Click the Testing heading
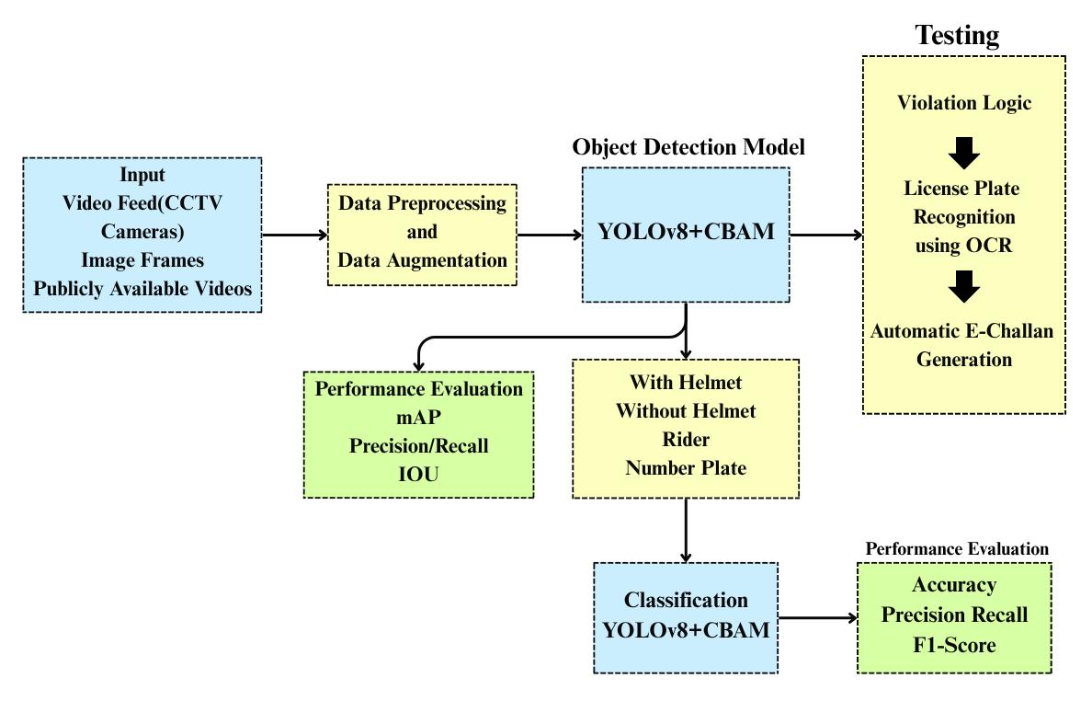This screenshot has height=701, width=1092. click(x=957, y=36)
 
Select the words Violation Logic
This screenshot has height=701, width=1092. click(x=963, y=103)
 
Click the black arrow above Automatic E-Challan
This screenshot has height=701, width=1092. click(x=964, y=287)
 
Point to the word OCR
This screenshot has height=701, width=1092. click(x=990, y=246)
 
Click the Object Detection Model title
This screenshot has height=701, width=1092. click(x=688, y=147)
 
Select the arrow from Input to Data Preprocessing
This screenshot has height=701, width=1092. click(x=295, y=235)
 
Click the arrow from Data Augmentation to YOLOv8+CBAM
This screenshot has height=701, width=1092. click(x=549, y=235)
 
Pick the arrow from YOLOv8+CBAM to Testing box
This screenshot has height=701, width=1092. click(x=825, y=235)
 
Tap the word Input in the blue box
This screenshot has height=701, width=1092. click(x=142, y=175)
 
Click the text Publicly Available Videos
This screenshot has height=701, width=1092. click(x=142, y=289)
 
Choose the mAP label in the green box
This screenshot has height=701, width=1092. click(x=418, y=417)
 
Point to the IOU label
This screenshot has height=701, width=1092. click(x=418, y=474)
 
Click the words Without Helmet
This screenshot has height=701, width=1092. click(x=686, y=410)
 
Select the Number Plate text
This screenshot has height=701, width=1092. click(x=686, y=467)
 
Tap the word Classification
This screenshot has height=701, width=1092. click(x=686, y=601)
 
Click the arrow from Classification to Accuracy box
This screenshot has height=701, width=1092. click(x=817, y=618)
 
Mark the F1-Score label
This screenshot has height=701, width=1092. click(x=954, y=645)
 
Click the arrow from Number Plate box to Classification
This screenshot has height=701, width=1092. click(x=686, y=531)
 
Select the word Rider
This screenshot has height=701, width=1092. click(x=686, y=439)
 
